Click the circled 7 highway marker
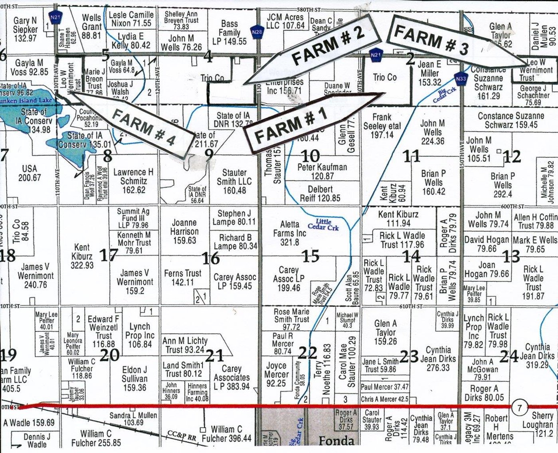tap(519, 408)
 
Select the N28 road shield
tap(257, 31)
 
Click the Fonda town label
tap(336, 441)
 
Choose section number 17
tap(108, 255)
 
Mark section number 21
tap(214, 355)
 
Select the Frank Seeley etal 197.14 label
tap(382, 126)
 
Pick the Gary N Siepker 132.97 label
tap(25, 29)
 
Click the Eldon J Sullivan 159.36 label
tap(135, 378)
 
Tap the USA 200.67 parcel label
tap(30, 173)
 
